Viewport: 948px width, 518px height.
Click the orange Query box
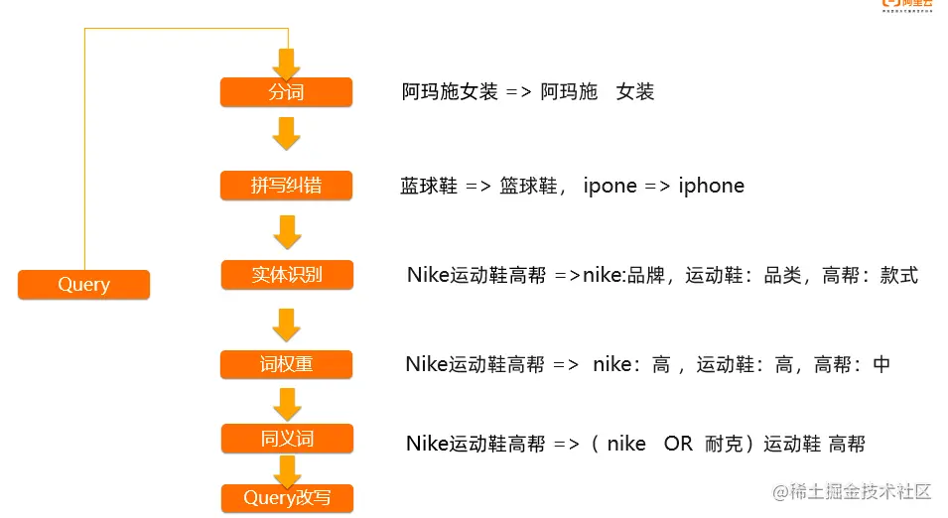[x=83, y=285]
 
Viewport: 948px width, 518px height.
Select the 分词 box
[x=286, y=93]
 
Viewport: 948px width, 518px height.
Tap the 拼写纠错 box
[x=286, y=186]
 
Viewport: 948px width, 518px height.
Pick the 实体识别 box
[x=286, y=275]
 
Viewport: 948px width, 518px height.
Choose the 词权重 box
[x=286, y=364]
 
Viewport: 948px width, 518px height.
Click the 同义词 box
[x=286, y=438]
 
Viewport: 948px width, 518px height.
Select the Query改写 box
[x=286, y=498]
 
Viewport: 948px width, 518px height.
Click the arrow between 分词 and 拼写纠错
[x=286, y=133]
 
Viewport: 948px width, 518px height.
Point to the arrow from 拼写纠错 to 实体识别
[x=286, y=231]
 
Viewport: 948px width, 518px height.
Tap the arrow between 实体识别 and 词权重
[x=286, y=323]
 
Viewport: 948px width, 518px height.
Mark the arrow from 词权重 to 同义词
[x=286, y=403]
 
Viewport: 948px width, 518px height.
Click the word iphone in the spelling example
[x=711, y=186]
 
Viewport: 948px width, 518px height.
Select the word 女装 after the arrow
[x=635, y=92]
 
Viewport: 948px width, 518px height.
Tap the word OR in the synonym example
[x=678, y=444]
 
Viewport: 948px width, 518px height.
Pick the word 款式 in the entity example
[x=898, y=275]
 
